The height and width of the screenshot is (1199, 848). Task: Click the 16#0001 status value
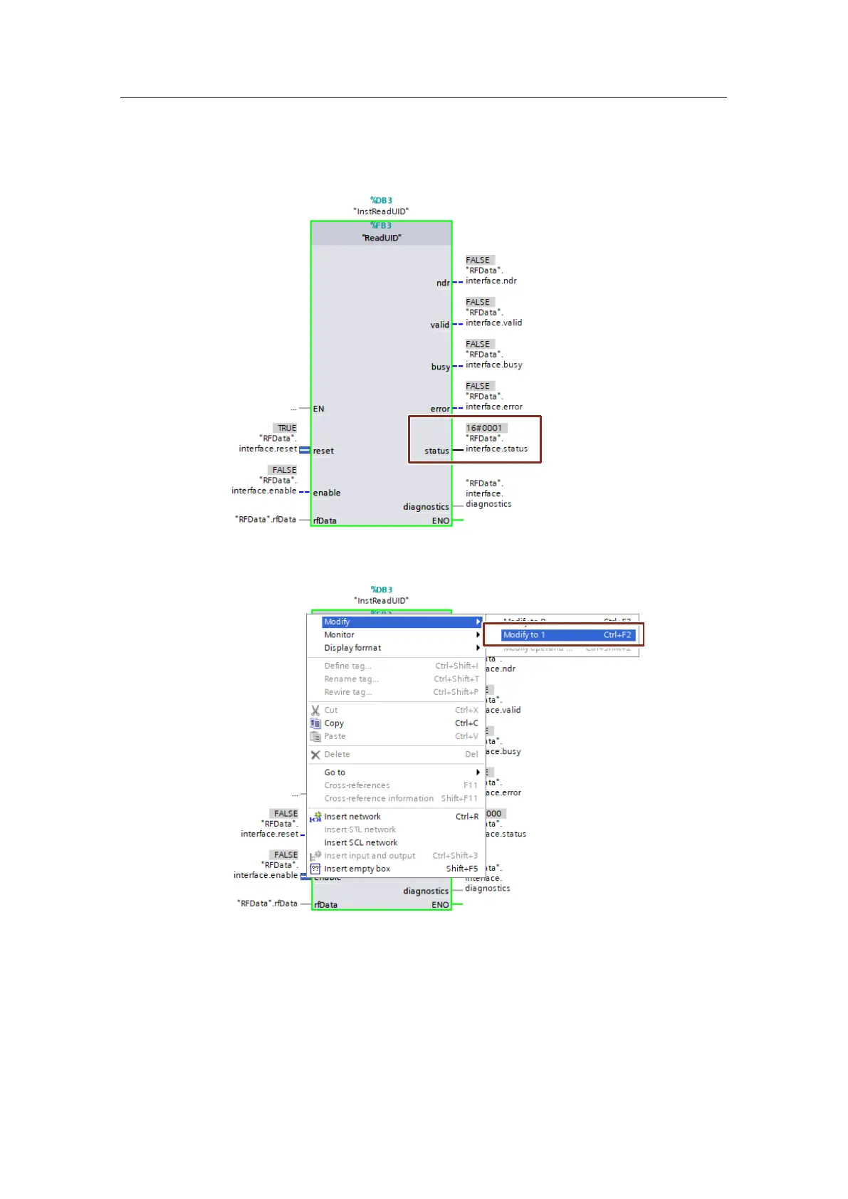tap(484, 428)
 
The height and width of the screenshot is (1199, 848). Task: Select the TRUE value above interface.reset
tap(287, 428)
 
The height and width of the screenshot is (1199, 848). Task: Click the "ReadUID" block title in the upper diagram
tap(382, 238)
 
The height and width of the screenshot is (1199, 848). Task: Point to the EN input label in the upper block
tap(318, 409)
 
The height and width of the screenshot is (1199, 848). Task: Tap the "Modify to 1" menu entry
tap(524, 635)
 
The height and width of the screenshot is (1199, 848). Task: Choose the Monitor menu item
tap(340, 635)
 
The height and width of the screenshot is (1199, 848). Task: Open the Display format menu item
tap(352, 648)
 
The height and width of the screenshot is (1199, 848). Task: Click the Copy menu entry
tap(334, 723)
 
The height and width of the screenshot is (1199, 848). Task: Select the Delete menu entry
tap(337, 755)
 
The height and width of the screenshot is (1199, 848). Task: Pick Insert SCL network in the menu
tap(361, 843)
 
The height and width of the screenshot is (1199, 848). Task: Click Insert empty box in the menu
tap(357, 869)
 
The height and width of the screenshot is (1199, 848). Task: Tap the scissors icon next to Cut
tap(315, 711)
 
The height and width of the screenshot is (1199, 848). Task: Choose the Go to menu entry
tap(335, 773)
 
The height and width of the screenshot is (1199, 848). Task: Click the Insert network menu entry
tap(352, 817)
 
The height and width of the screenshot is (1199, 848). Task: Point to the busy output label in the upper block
tap(440, 367)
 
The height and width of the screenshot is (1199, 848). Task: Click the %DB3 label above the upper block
tap(381, 201)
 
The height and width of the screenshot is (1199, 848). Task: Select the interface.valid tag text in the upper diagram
tap(494, 323)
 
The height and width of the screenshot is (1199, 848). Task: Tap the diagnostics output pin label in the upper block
tap(426, 507)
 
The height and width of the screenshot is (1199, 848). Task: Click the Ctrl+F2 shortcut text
tap(617, 635)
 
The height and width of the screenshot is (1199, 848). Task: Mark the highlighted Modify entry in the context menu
tap(337, 622)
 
